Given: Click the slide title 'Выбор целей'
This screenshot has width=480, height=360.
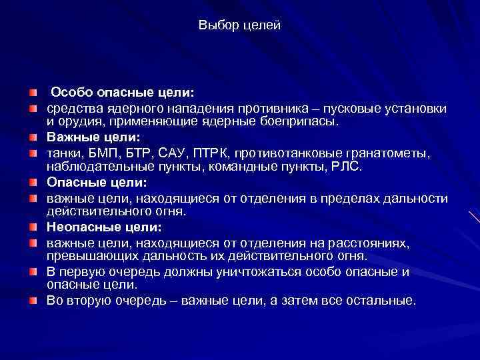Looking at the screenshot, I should (240, 25).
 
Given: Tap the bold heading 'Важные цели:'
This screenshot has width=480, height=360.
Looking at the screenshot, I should (93, 137).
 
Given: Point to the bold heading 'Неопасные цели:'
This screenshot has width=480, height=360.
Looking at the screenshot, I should (103, 227).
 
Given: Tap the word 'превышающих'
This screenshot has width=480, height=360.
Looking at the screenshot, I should (81, 257).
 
